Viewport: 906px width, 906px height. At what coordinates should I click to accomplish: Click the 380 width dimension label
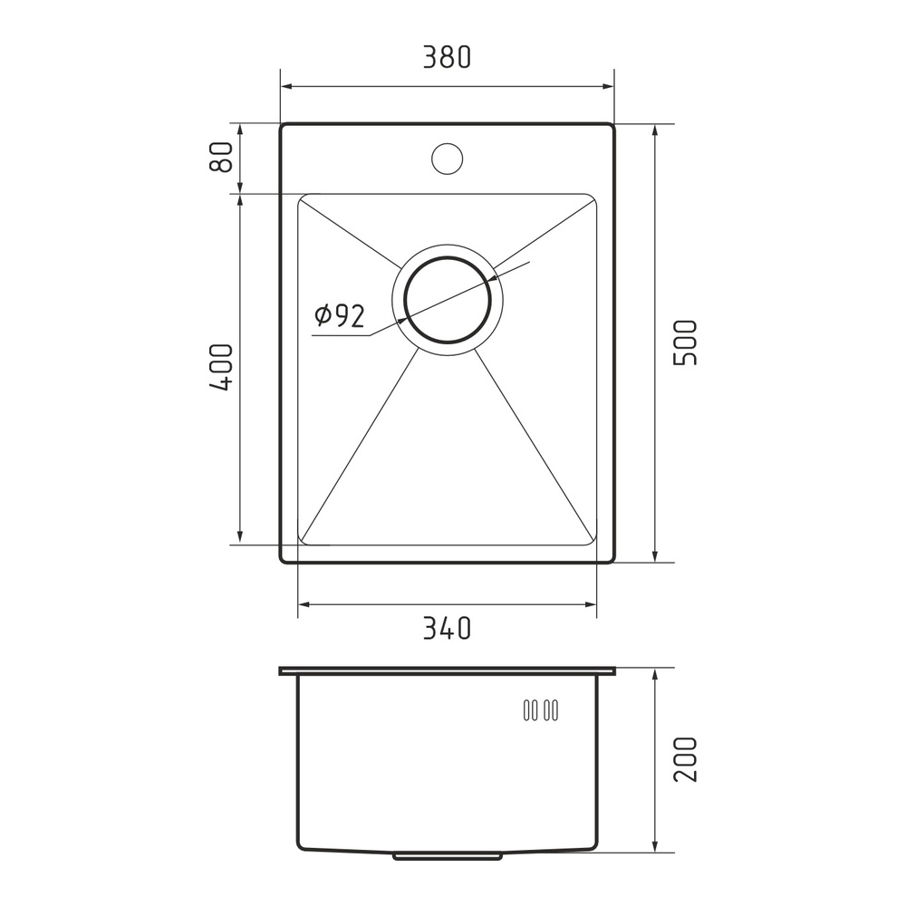click(448, 57)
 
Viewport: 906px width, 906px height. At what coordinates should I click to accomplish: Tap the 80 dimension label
click(221, 157)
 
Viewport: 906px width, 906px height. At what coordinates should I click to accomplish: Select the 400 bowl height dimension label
click(221, 367)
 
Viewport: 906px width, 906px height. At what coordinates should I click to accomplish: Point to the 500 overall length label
click(686, 342)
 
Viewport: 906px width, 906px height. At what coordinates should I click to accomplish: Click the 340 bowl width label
click(448, 628)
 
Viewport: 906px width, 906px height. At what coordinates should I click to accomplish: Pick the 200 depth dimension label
click(686, 759)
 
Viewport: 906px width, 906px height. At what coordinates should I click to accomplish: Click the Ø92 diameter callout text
click(340, 315)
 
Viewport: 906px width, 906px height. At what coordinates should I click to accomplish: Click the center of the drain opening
click(448, 300)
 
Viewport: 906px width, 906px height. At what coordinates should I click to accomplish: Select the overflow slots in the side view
click(541, 710)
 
